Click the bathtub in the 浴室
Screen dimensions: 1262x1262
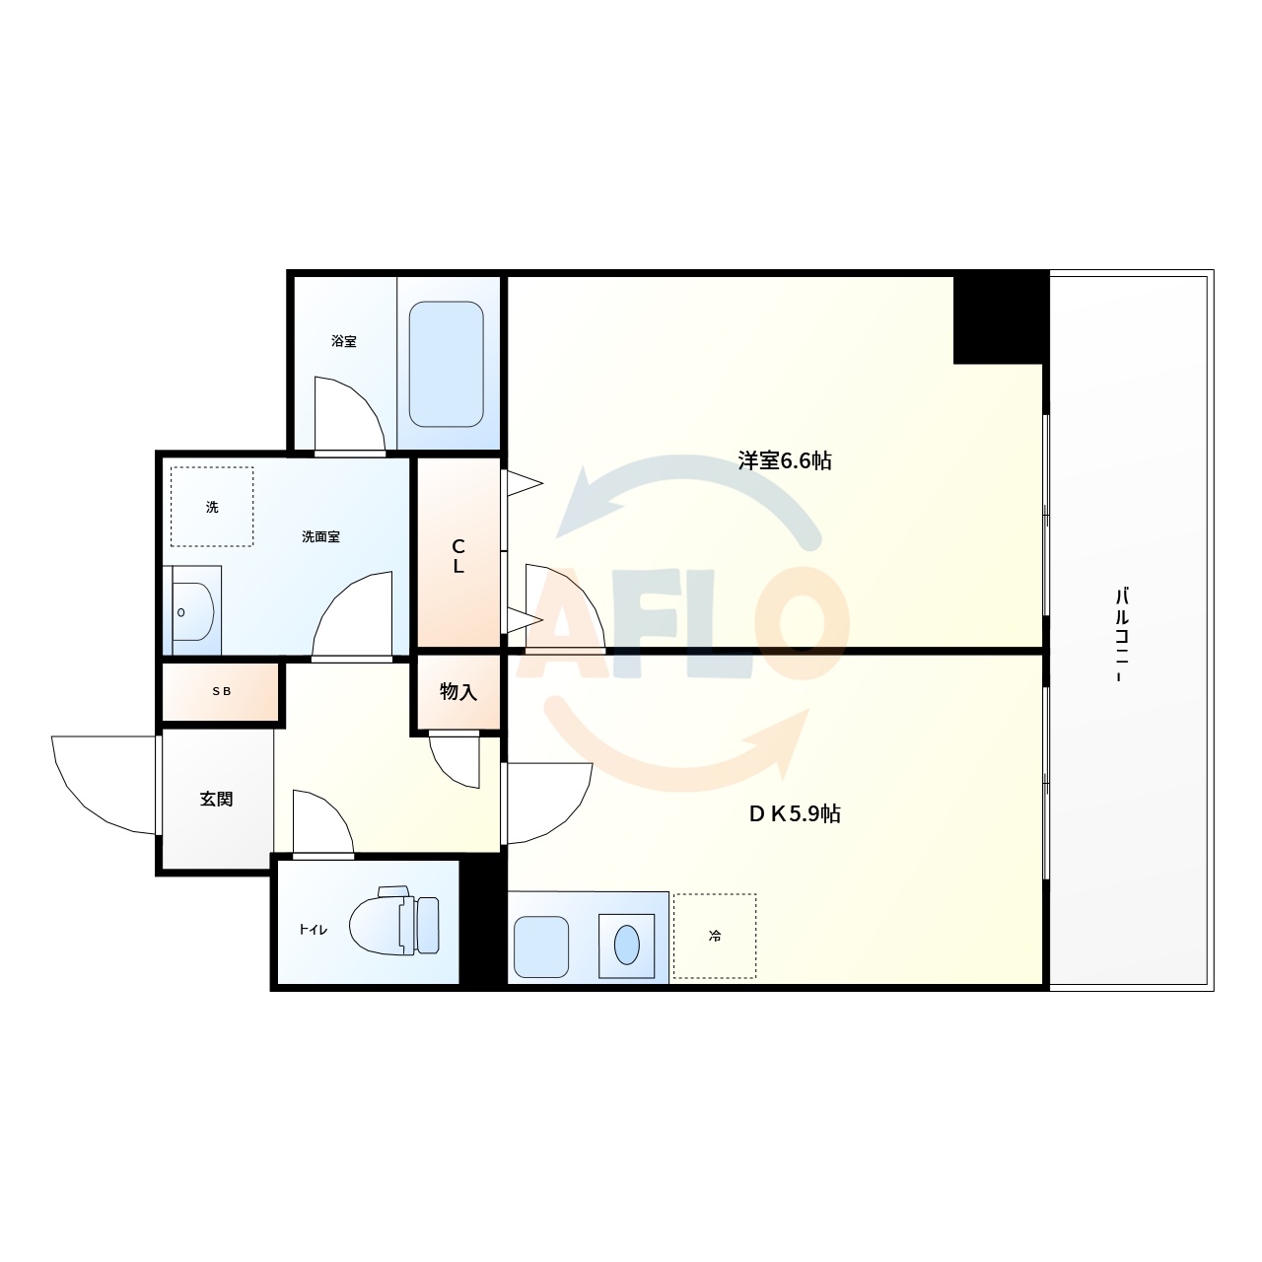pos(446,364)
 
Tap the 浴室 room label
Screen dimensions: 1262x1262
pos(344,342)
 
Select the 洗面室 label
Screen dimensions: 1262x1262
pos(321,537)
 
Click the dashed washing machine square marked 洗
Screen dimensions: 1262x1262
pos(212,507)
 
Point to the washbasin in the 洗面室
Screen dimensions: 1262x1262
pos(193,611)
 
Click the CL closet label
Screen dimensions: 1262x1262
pos(458,557)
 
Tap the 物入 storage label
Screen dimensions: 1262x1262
pos(458,692)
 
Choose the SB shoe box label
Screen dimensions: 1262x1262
pos(222,692)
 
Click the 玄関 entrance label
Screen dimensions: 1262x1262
pos(217,799)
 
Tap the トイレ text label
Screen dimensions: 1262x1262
pos(314,930)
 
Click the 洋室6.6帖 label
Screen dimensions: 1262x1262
pos(785,460)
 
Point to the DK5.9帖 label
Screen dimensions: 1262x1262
pos(794,814)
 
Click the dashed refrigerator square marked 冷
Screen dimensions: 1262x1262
pos(715,936)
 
